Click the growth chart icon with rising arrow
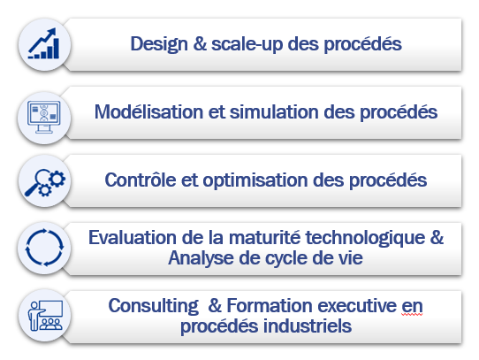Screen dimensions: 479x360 pyautogui.click(x=43, y=43)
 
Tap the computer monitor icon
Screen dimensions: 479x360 pyautogui.click(x=44, y=117)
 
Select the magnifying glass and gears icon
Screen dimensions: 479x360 pyautogui.click(x=45, y=182)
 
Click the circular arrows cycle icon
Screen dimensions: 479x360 pyautogui.click(x=44, y=248)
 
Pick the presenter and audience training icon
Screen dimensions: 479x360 pyautogui.click(x=46, y=316)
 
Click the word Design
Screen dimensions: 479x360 pyautogui.click(x=159, y=44)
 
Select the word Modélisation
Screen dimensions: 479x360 pyautogui.click(x=148, y=112)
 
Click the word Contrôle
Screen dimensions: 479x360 pyautogui.click(x=141, y=180)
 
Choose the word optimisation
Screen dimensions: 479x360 pyautogui.click(x=255, y=180)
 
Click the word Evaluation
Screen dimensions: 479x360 pyautogui.click(x=133, y=237)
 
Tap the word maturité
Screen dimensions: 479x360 pyautogui.click(x=264, y=237)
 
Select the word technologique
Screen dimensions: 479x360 pyautogui.click(x=365, y=238)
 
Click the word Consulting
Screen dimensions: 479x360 pyautogui.click(x=154, y=306)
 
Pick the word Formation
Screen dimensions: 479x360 pyautogui.click(x=270, y=305)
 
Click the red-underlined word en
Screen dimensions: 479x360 pyautogui.click(x=412, y=306)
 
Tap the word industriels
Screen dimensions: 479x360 pyautogui.click(x=308, y=326)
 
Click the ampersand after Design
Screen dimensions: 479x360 pyautogui.click(x=200, y=43)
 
